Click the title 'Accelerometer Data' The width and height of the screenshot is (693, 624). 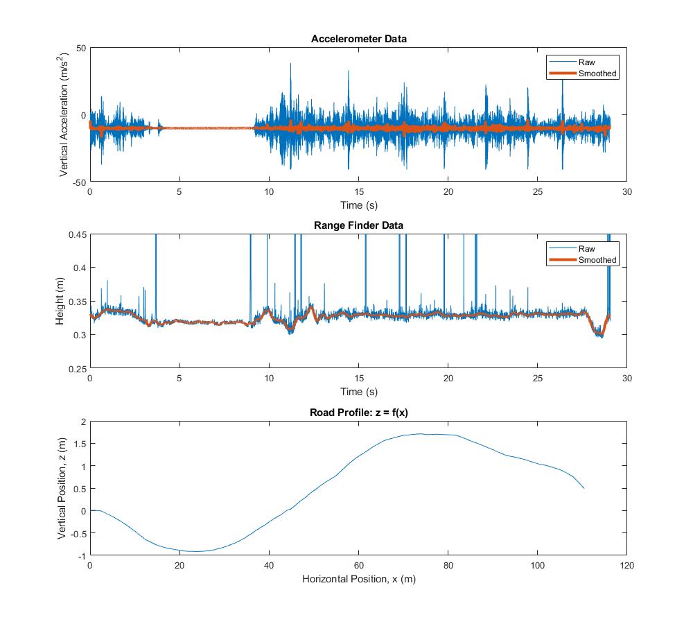pyautogui.click(x=358, y=39)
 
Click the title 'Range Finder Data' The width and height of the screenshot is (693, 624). pyautogui.click(x=358, y=225)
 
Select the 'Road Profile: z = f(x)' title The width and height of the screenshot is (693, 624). pyautogui.click(x=358, y=413)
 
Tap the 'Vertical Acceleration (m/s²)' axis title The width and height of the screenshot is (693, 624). pyautogui.click(x=64, y=114)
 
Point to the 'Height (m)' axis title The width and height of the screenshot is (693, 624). pyautogui.click(x=60, y=302)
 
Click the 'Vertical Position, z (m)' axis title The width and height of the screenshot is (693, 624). pyautogui.click(x=62, y=489)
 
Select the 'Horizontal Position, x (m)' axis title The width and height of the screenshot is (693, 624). pyautogui.click(x=358, y=578)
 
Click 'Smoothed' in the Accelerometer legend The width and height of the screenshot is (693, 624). pyautogui.click(x=597, y=73)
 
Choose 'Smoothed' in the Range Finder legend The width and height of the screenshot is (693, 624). pyautogui.click(x=597, y=260)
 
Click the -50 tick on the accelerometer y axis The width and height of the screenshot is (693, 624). pyautogui.click(x=78, y=182)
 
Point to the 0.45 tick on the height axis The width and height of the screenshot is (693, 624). pyautogui.click(x=76, y=234)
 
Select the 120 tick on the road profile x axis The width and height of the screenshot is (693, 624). pyautogui.click(x=626, y=566)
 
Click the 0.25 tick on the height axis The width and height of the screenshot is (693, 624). pyautogui.click(x=76, y=368)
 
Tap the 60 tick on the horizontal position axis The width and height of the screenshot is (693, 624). pyautogui.click(x=358, y=566)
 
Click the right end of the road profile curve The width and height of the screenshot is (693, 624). pyautogui.click(x=584, y=488)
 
